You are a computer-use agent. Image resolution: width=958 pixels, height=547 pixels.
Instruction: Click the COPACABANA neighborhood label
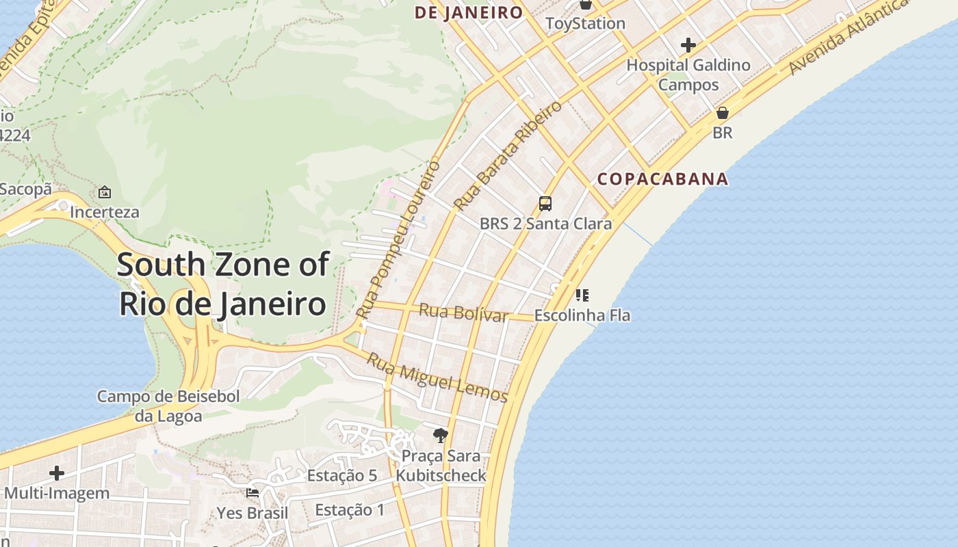tap(662, 179)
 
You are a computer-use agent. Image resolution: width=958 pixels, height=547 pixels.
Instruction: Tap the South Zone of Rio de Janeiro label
tap(223, 284)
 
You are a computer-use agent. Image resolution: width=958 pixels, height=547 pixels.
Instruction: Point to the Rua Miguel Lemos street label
tap(438, 377)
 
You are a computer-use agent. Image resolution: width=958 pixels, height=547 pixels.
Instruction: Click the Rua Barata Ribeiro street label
tap(507, 156)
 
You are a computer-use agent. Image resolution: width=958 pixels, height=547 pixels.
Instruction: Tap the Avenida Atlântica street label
tap(848, 38)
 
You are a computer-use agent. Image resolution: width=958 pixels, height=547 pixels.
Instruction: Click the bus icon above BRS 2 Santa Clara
tap(545, 203)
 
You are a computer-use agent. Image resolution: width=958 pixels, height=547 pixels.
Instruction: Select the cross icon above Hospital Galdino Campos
tap(688, 46)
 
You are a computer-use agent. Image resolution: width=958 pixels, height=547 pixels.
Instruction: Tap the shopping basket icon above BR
tap(722, 113)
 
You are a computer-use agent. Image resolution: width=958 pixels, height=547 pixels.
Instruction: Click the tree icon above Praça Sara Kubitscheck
tap(441, 435)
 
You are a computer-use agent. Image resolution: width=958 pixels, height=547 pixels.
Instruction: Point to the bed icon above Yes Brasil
tap(252, 493)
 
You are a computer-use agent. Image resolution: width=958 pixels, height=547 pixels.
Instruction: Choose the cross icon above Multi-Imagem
tap(57, 472)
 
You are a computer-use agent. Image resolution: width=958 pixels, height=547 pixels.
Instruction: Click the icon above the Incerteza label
tap(104, 192)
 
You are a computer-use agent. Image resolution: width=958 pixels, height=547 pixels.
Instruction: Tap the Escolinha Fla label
tap(582, 315)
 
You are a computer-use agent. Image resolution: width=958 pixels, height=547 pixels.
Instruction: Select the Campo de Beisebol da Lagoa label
tap(168, 406)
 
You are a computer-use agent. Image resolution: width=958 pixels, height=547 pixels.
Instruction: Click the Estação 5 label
tap(341, 475)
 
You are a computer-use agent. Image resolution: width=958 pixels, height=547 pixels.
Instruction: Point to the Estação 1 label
tap(350, 509)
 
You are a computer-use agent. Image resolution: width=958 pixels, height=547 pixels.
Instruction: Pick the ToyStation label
tap(585, 23)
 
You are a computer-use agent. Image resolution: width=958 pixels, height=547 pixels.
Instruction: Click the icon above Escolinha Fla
tap(582, 295)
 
